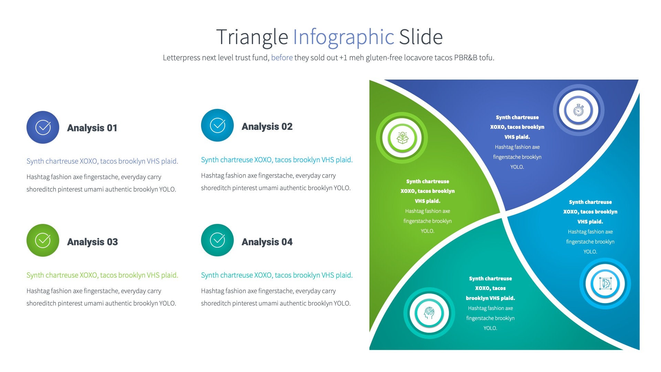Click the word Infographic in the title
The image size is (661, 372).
pos(343,37)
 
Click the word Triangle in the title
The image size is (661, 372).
pos(252,37)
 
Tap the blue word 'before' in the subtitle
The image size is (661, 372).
pos(282,58)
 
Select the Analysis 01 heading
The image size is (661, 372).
pos(92,128)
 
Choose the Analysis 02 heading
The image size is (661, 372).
pos(267,126)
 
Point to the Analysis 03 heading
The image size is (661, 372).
pos(92,242)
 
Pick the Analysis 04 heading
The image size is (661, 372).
pos(267,242)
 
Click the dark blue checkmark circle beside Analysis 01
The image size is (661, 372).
pos(43,127)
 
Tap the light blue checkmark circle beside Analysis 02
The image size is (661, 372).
pos(217,125)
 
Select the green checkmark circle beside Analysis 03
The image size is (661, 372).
pos(43,240)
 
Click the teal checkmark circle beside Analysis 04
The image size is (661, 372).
pos(217,240)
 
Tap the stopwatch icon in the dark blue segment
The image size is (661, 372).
pos(578,111)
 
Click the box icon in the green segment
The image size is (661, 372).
pos(402,138)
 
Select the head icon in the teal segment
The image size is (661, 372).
pos(429,313)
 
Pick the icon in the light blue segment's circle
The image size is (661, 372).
pos(605,283)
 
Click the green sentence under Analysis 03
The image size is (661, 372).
pos(102,275)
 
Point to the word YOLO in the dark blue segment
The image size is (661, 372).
pos(517,167)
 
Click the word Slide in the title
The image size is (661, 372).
pos(421,37)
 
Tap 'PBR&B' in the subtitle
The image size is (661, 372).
pos(465,58)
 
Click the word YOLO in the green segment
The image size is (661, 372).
pos(427,231)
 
